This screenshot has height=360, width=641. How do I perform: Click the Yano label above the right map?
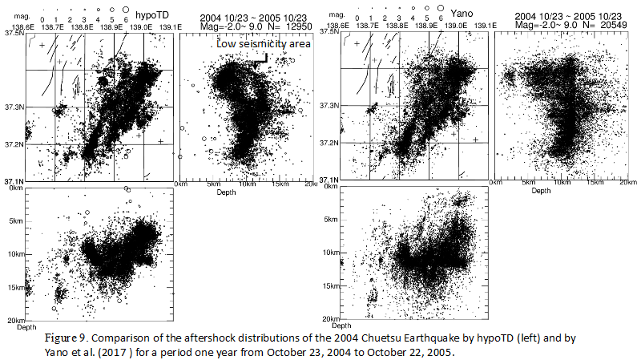463,14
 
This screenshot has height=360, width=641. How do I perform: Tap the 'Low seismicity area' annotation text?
264,44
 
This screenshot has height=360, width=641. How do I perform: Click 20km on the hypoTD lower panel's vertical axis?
14,321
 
